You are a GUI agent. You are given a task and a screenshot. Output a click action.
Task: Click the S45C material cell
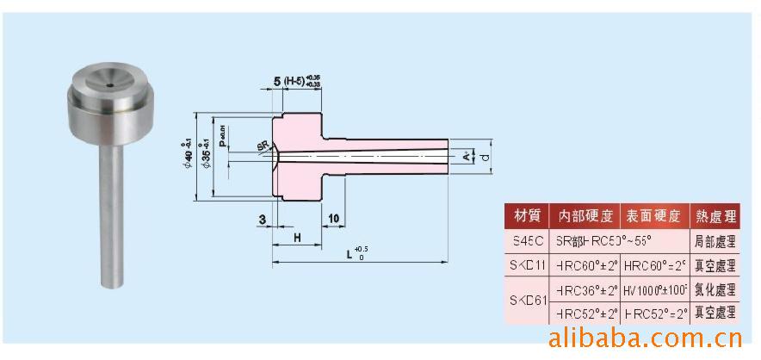525,242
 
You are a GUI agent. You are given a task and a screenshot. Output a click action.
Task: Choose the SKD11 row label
525,265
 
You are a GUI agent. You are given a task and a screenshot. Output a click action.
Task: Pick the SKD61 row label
525,301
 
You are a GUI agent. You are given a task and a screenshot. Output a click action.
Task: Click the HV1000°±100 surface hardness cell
653,289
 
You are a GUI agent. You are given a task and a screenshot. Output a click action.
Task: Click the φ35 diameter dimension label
204,153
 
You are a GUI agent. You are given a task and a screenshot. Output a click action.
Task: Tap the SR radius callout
262,146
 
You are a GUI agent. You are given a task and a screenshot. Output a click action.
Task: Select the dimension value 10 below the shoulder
334,220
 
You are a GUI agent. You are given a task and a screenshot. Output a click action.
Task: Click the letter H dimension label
296,236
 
